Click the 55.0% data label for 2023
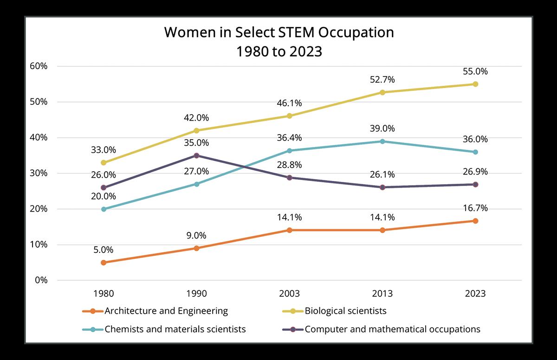pos(475,72)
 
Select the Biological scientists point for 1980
pos(104,163)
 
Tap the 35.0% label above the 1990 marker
pos(196,143)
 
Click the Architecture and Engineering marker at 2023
pos(475,221)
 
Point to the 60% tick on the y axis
pos(38,66)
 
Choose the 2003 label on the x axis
pos(289,294)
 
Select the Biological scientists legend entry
pos(345,311)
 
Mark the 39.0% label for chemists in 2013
pos(382,129)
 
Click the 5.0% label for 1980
pos(104,250)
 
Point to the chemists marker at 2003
pos(289,150)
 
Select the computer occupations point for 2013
pos(382,187)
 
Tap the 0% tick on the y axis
pos(41,280)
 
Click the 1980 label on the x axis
pos(104,294)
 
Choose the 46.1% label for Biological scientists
pos(289,103)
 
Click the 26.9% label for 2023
pos(475,172)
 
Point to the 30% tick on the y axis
pos(38,174)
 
